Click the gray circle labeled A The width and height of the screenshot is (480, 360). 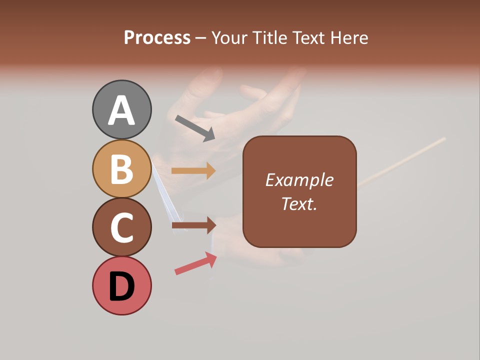pos(122,109)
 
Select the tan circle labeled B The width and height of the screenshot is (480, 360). pos(122,168)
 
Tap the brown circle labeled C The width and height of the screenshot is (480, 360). pos(122,227)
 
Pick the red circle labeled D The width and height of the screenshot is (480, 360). pos(122,285)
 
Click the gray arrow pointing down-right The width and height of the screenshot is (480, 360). pos(195,128)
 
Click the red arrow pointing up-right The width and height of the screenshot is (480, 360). pos(195,263)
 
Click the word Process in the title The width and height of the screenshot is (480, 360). pos(157,38)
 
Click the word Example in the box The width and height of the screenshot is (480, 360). pos(299,180)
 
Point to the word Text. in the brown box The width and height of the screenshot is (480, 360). pos(299,203)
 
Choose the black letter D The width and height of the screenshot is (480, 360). pos(122,286)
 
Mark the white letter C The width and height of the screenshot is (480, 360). pos(122,228)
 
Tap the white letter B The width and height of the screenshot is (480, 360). pos(122,169)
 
